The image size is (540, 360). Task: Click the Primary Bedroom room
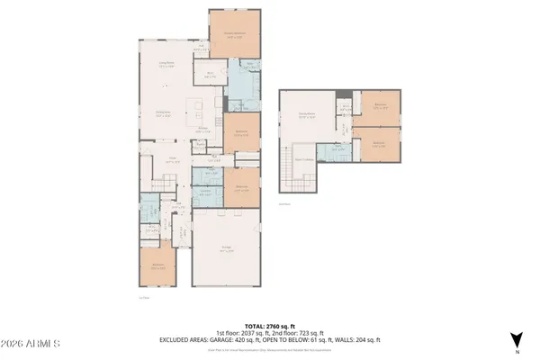235,36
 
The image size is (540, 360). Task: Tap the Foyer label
167,159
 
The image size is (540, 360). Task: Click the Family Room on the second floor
306,114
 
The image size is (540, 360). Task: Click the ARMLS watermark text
31,343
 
